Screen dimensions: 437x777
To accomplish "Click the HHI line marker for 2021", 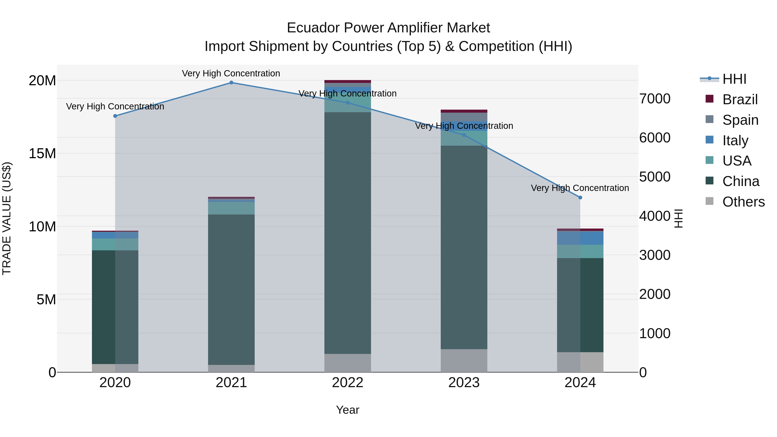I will pyautogui.click(x=231, y=82).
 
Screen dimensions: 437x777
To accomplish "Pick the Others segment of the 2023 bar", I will pyautogui.click(x=464, y=360).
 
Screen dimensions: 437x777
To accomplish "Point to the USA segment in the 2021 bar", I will pyautogui.click(x=231, y=208).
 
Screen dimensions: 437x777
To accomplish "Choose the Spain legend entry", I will pyautogui.click(x=740, y=120).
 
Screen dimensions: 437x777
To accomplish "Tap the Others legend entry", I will pyautogui.click(x=744, y=202).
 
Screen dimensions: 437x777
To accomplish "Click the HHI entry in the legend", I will pyautogui.click(x=734, y=79).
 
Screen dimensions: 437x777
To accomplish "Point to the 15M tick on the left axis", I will pyautogui.click(x=42, y=153).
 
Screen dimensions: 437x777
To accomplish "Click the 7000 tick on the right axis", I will pyautogui.click(x=655, y=99).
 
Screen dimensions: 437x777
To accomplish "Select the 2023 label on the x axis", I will pyautogui.click(x=464, y=383).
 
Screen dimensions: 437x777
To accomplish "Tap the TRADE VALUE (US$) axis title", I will pyautogui.click(x=7, y=218).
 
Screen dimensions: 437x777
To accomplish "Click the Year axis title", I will pyautogui.click(x=347, y=410).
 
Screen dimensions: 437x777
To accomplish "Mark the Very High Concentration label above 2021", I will pyautogui.click(x=231, y=73).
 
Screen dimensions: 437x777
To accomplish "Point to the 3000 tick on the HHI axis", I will pyautogui.click(x=655, y=255).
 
